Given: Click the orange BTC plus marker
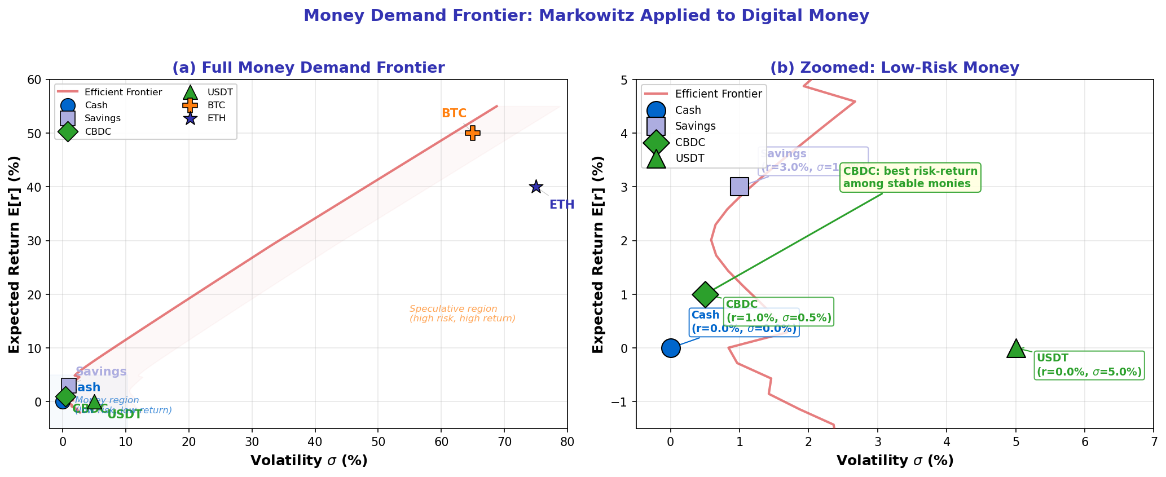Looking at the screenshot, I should pos(473,133).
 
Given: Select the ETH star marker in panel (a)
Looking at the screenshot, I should pos(536,187).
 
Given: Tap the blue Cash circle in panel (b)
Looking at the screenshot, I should pos(670,348).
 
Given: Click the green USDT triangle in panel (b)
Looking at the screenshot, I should pos(1015,349).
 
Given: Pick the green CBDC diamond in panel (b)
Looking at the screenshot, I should pos(705,294).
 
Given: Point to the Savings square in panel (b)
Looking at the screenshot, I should pos(739,187).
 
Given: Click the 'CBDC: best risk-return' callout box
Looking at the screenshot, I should pos(910,178).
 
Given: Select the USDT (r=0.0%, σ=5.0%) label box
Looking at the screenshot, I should pos(1089,365).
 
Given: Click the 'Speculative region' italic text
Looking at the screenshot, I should pos(462,313).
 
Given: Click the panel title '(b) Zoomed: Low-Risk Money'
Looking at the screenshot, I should pos(894,68).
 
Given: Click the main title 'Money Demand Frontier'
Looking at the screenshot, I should pos(586,15).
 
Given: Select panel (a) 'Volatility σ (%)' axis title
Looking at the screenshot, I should pos(309,461).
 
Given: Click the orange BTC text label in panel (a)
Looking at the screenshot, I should pos(454,113).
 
